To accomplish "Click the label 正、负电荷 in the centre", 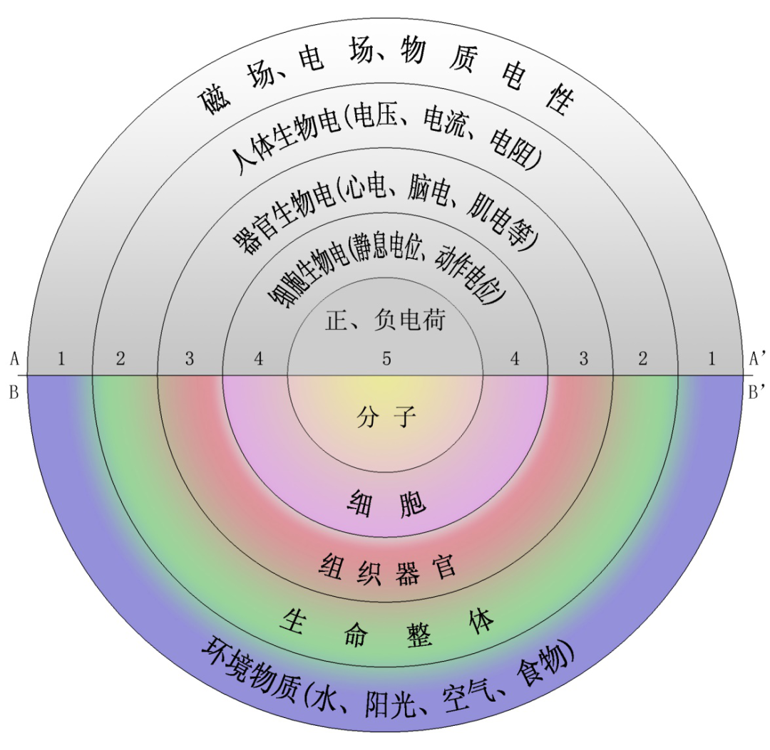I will pyautogui.click(x=385, y=321).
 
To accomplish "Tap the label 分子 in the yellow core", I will pyautogui.click(x=386, y=417).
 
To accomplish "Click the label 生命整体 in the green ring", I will pyautogui.click(x=387, y=627).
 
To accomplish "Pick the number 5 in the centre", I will pyautogui.click(x=386, y=359).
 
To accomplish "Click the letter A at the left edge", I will pyautogui.click(x=14, y=359).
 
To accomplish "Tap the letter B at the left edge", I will pyautogui.click(x=14, y=392).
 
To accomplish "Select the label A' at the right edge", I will pyautogui.click(x=757, y=359).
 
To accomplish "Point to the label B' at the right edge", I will pyautogui.click(x=756, y=391).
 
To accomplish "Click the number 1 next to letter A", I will pyautogui.click(x=61, y=359).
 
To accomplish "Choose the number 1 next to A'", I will pyautogui.click(x=711, y=359).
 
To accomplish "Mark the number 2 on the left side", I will pyautogui.click(x=120, y=359).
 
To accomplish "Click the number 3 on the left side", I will pyautogui.click(x=189, y=359).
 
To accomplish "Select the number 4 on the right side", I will pyautogui.click(x=515, y=359).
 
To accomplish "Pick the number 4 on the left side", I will pyautogui.click(x=258, y=359).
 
